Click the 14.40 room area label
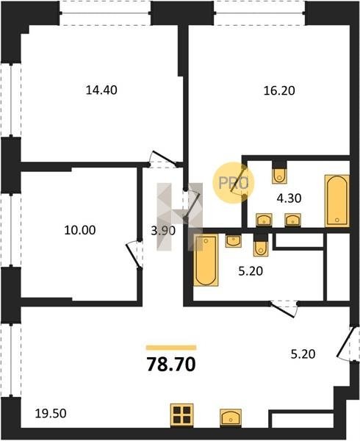click(x=101, y=90)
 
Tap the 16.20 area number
click(x=279, y=90)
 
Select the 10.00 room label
click(x=80, y=230)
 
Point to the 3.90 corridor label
click(x=163, y=231)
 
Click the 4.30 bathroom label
click(x=289, y=198)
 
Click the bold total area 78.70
click(x=171, y=365)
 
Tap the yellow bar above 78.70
click(x=171, y=348)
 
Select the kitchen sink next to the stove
click(x=231, y=418)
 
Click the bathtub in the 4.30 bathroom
click(x=337, y=201)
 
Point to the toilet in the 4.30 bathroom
click(x=280, y=176)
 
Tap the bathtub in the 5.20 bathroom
click(x=206, y=260)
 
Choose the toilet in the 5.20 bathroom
click(x=261, y=248)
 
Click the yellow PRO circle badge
click(x=233, y=183)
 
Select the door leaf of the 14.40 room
click(x=164, y=157)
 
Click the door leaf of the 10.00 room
click(x=133, y=256)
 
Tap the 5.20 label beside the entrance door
click(x=303, y=354)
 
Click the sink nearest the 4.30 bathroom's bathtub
click(x=292, y=220)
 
